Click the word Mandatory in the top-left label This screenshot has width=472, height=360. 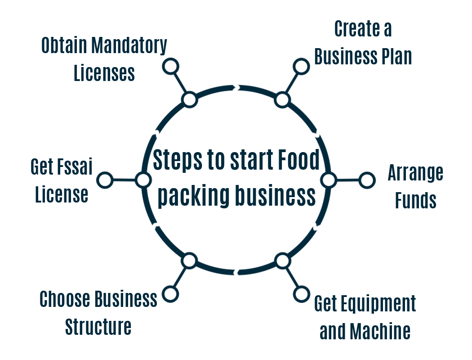[x=129, y=46]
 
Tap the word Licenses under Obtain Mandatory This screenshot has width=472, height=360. [x=104, y=73]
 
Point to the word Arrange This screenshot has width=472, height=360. [x=415, y=173]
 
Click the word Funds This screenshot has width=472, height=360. [x=416, y=200]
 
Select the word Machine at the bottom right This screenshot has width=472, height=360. [x=380, y=332]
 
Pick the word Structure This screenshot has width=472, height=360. [x=98, y=327]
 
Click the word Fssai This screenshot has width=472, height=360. [x=74, y=167]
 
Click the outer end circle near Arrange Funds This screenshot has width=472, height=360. [x=367, y=180]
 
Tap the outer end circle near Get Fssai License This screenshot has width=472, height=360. [x=105, y=180]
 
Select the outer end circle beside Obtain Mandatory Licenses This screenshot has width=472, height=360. [x=170, y=66]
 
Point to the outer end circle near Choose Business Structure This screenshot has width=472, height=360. [x=170, y=294]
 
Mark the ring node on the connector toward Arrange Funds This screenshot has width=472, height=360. [x=329, y=180]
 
